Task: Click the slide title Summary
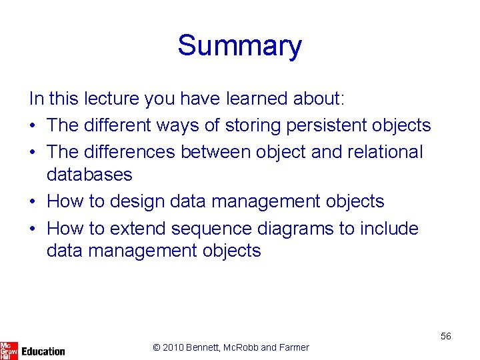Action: click(x=239, y=45)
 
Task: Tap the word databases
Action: click(x=89, y=175)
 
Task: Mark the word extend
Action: click(x=138, y=228)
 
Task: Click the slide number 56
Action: click(x=445, y=336)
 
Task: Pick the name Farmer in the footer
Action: click(x=294, y=347)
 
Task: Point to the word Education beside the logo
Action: click(x=43, y=351)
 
